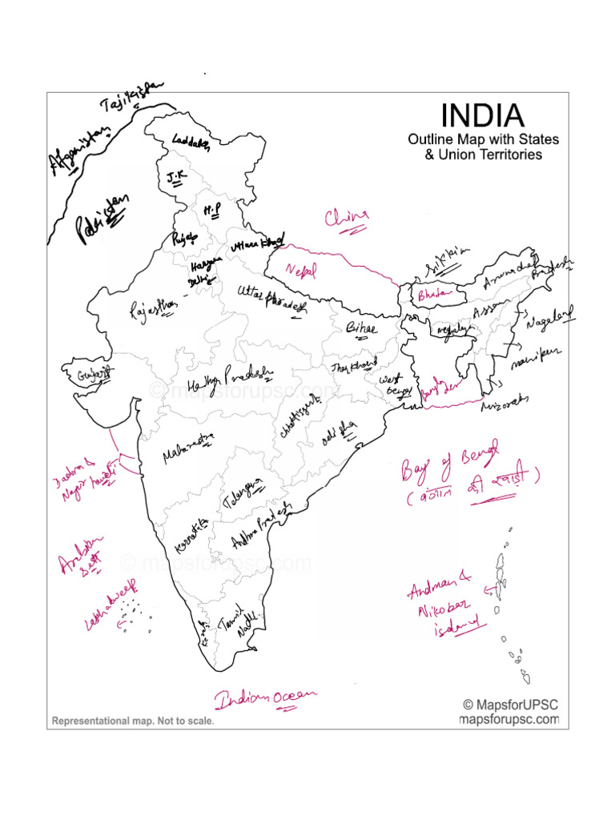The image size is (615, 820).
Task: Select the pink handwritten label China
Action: coord(347,218)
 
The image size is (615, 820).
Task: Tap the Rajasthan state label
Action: coord(154,307)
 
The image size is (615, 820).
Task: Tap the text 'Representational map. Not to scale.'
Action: coord(133,721)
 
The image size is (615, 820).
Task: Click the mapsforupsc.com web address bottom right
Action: coord(508,719)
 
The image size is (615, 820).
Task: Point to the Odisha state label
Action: coord(336,436)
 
